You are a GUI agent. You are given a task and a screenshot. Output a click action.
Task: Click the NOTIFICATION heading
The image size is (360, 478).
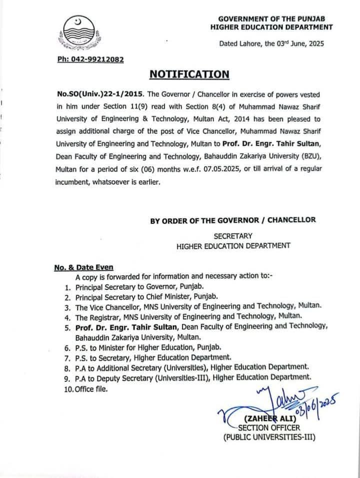(x=189, y=74)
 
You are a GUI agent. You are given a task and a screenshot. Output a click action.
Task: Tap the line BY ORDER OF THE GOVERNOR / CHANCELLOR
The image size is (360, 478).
(x=233, y=220)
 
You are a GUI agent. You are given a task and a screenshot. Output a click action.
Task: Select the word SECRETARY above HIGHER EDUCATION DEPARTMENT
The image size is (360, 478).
(x=233, y=236)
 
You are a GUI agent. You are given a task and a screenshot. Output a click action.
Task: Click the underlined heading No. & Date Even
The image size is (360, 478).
(x=84, y=267)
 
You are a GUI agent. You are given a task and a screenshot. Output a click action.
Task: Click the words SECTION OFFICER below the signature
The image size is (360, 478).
(x=269, y=427)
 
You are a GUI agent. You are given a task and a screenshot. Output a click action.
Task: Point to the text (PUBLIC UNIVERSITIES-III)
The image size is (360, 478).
(x=269, y=437)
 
